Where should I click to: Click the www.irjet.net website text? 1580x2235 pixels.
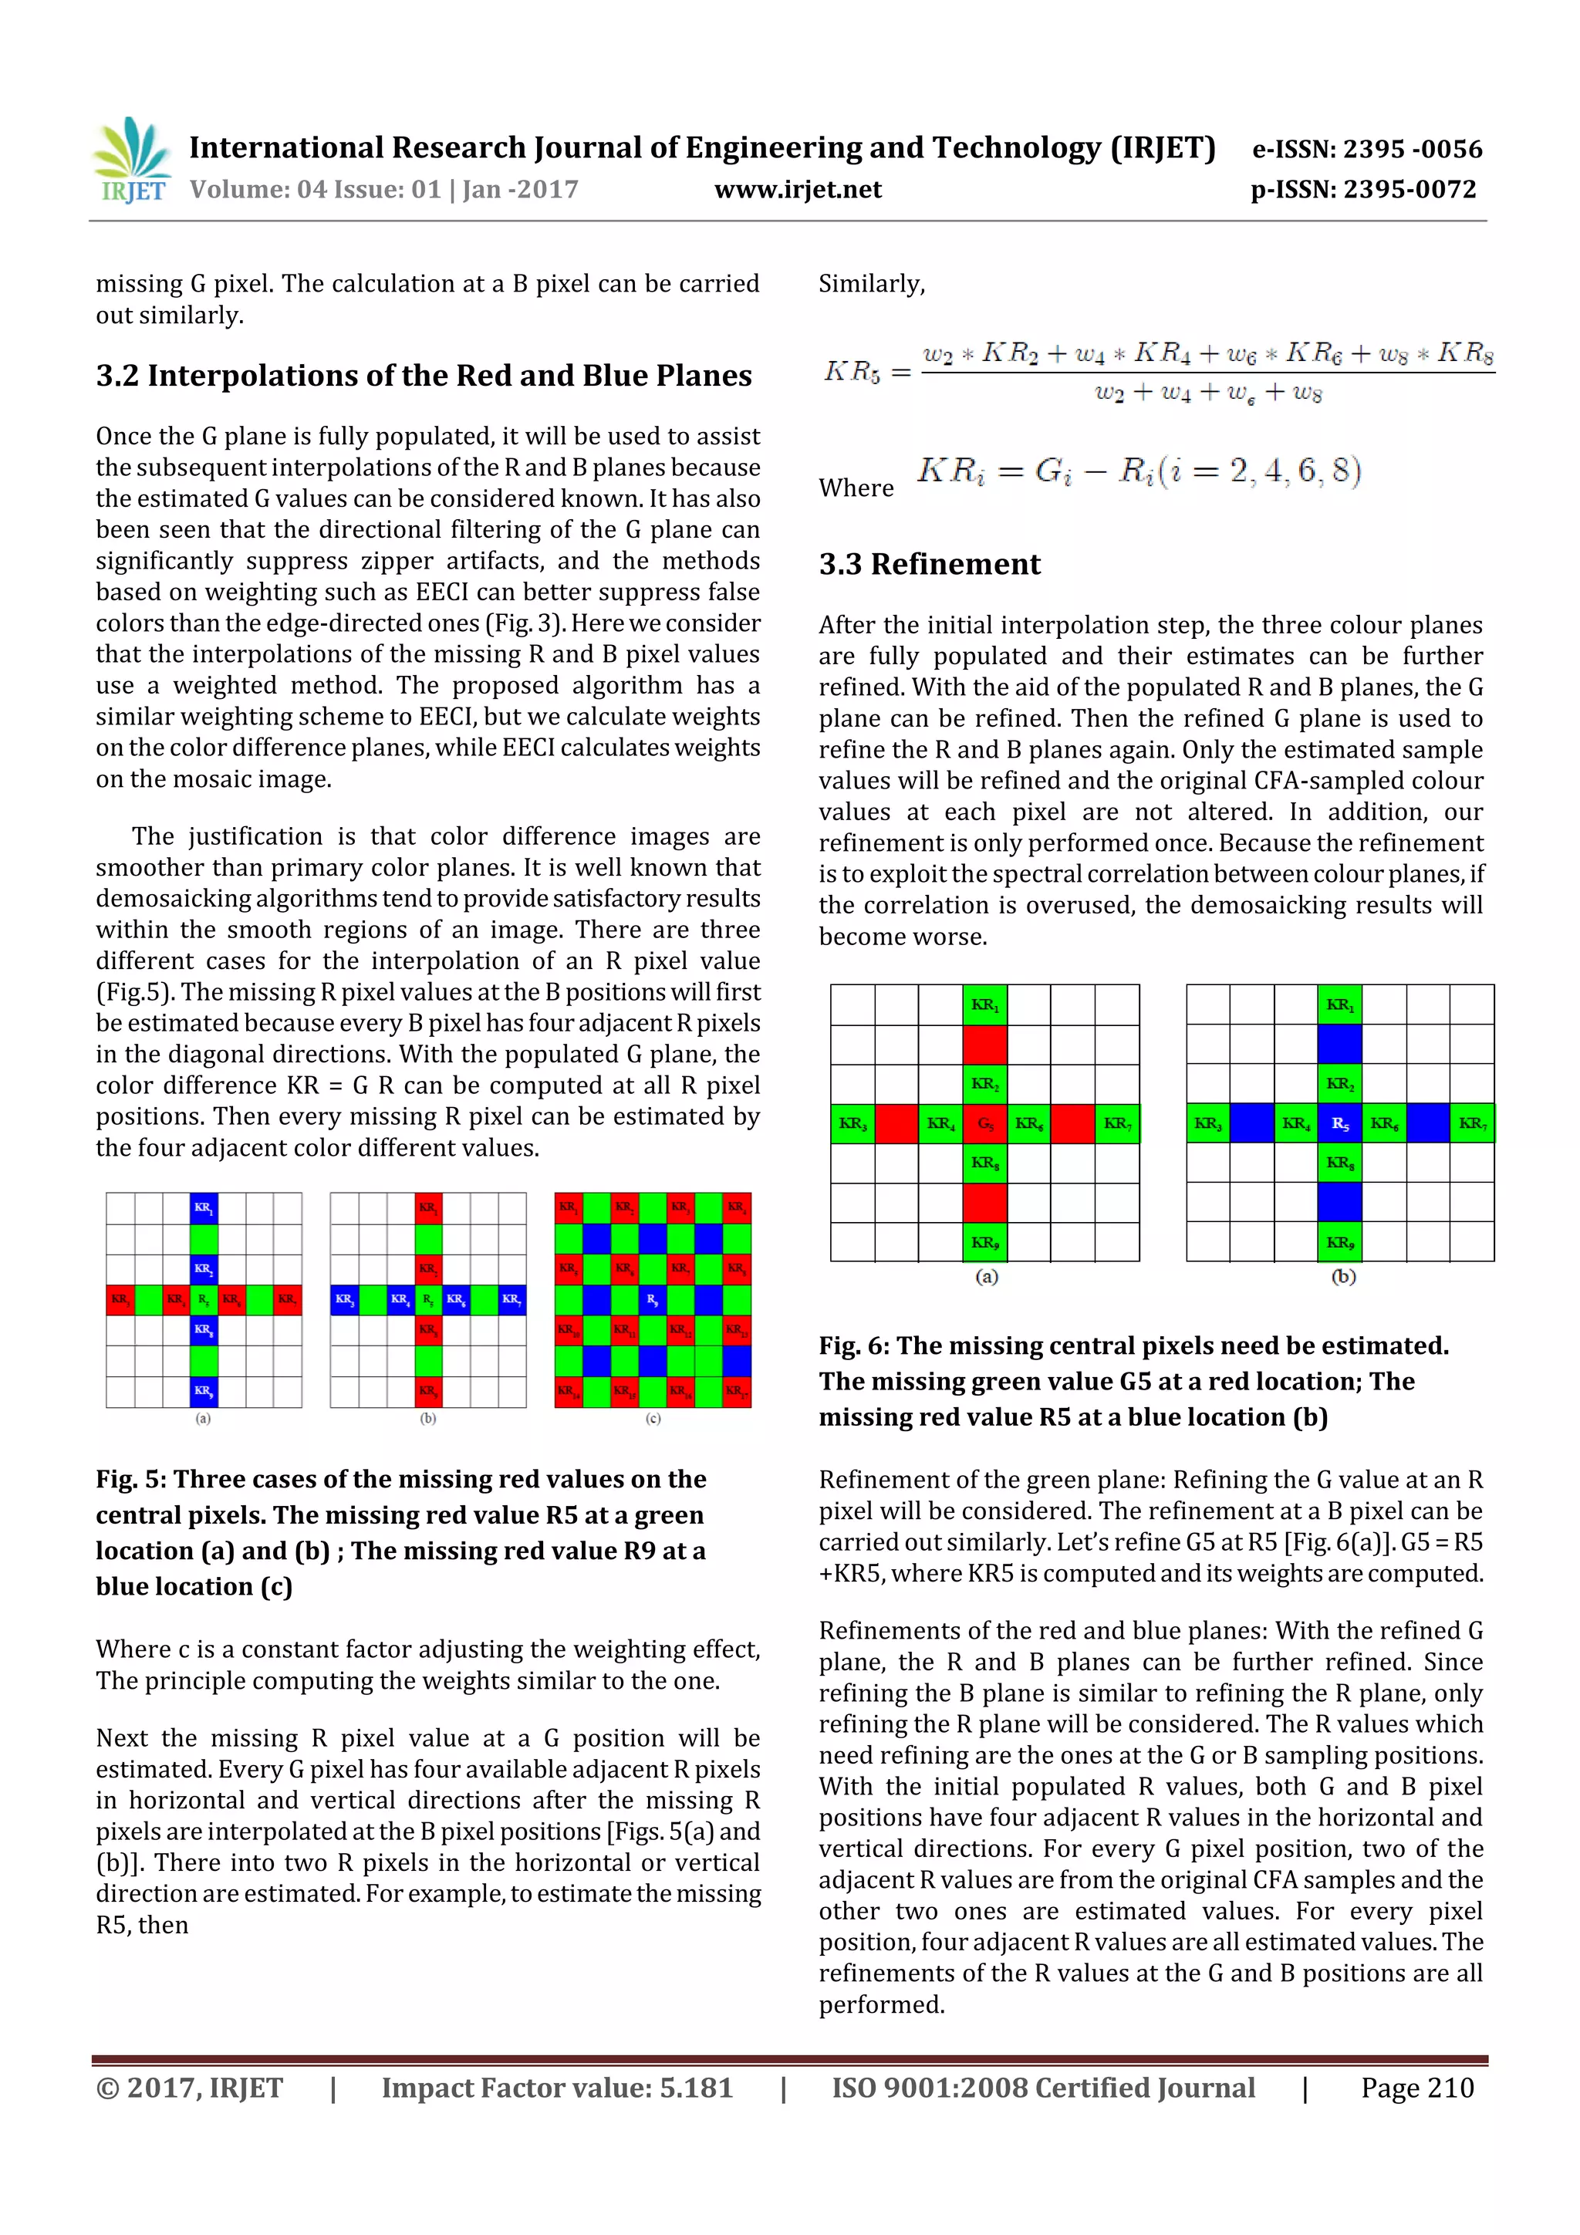(797, 190)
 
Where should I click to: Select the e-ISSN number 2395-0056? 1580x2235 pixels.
(1412, 149)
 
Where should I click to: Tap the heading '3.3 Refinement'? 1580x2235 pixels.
(929, 564)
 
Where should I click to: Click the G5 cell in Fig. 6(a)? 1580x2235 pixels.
(984, 1123)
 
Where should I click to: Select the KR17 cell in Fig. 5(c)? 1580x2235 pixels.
(737, 1390)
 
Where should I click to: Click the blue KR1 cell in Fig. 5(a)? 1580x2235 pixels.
(204, 1208)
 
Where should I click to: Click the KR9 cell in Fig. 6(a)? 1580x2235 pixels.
(984, 1242)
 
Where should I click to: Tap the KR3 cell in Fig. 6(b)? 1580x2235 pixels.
(1207, 1123)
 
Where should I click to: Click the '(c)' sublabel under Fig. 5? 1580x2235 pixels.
(653, 1418)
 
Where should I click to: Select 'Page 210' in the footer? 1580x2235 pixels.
(1416, 2088)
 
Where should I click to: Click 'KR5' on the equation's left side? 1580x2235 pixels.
(852, 372)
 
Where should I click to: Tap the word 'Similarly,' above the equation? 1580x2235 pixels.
(871, 284)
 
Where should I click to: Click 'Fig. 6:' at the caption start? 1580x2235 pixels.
(852, 1345)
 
